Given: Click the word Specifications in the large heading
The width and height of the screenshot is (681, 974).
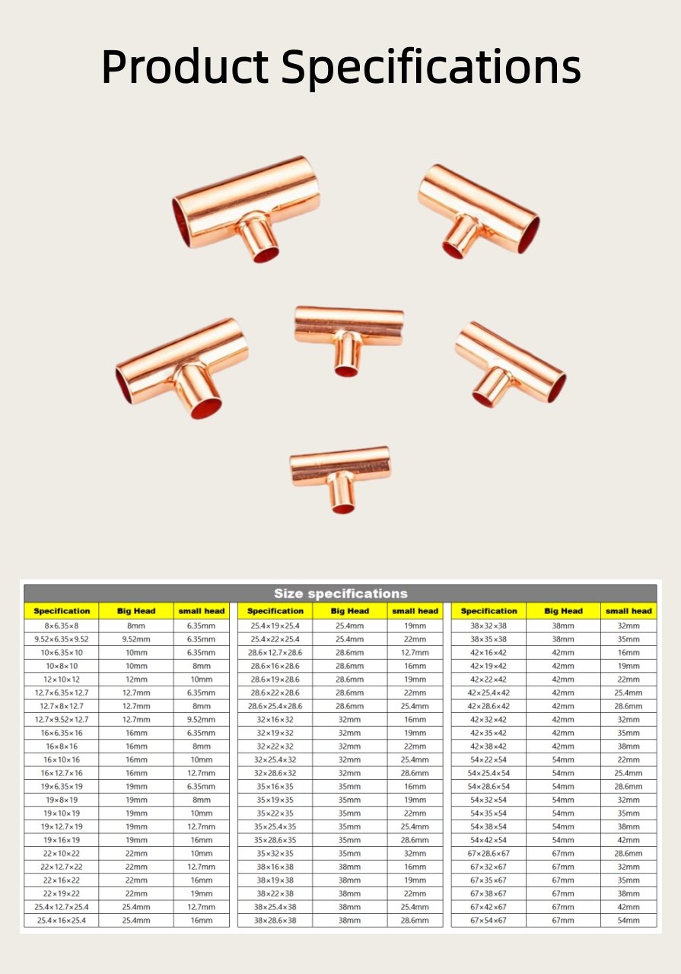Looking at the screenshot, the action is (x=431, y=68).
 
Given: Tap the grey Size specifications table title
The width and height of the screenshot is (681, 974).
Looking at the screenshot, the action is (x=341, y=594).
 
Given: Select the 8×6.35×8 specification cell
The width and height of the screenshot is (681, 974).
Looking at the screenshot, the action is (x=62, y=625).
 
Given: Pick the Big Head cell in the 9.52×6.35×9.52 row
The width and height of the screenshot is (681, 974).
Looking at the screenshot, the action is (x=136, y=639).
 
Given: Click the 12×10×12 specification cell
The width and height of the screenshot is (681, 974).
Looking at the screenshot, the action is (x=62, y=680).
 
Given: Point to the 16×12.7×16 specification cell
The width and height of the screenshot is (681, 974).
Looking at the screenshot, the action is (x=62, y=772).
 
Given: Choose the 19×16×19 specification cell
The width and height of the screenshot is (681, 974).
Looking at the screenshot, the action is (x=62, y=839).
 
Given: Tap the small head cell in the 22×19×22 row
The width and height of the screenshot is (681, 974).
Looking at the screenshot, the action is (x=202, y=893).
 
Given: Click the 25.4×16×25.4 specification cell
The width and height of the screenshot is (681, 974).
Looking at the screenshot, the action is (x=62, y=920).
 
